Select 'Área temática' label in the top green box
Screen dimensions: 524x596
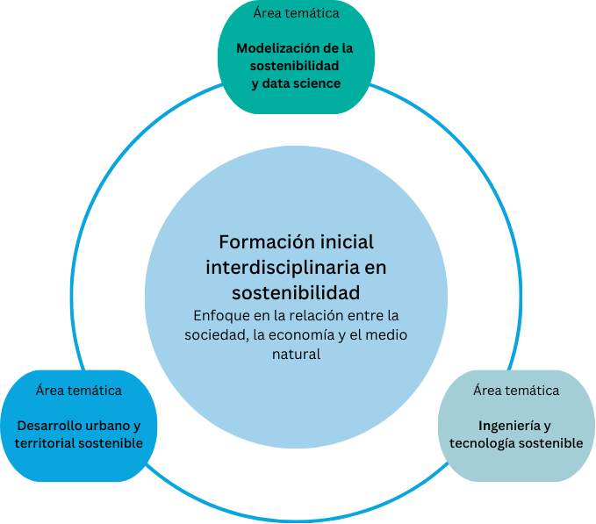[x=296, y=13]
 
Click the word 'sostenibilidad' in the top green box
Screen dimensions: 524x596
[x=295, y=66]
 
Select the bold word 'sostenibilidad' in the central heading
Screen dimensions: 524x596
[x=296, y=290]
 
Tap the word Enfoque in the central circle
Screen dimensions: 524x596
[x=217, y=314]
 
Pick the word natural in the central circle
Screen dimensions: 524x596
[x=296, y=355]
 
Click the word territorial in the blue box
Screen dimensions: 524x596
[x=45, y=443]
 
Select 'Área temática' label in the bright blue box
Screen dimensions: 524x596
[x=78, y=390]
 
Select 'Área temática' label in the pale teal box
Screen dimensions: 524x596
[x=515, y=390]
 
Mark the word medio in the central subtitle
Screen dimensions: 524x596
[x=387, y=334]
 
